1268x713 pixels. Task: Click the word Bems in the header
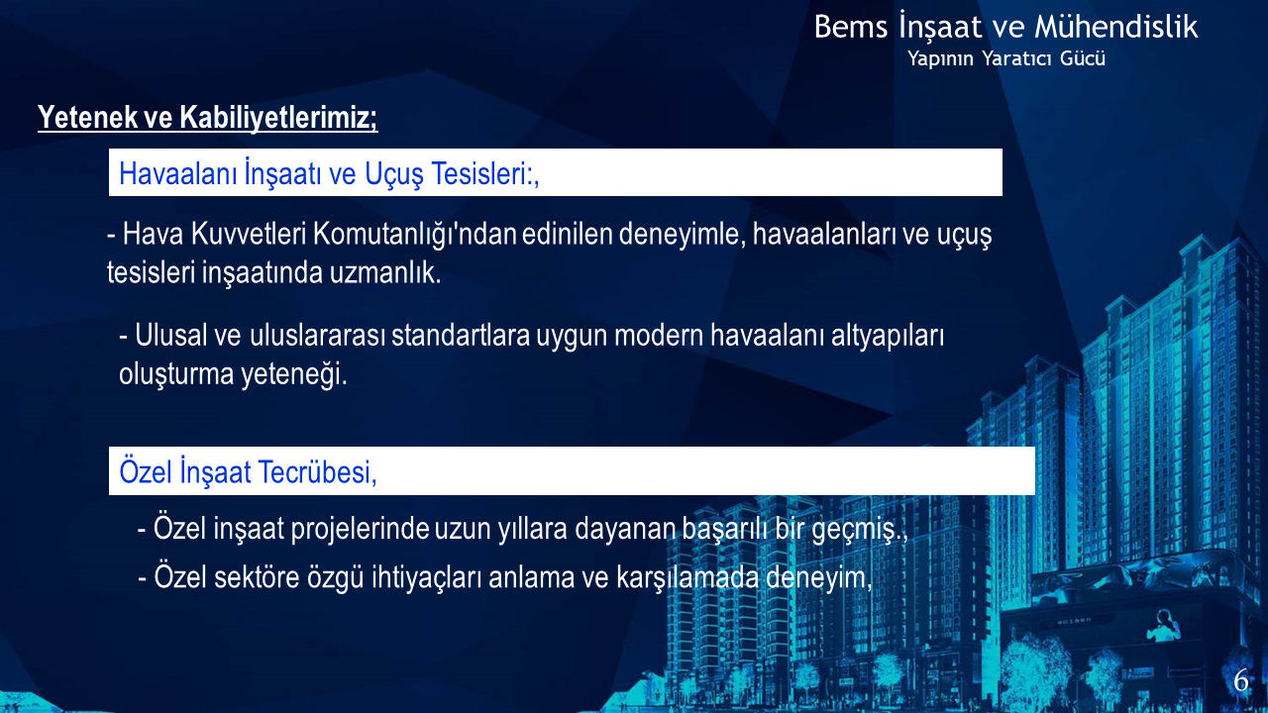coord(851,27)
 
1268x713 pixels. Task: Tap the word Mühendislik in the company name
coord(1116,26)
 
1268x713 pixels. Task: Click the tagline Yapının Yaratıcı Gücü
coord(1006,58)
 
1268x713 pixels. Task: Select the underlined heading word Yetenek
coord(88,117)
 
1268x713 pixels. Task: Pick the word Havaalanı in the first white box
coord(177,173)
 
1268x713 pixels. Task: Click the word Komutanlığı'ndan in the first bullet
coord(414,235)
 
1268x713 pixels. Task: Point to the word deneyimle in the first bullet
coord(679,235)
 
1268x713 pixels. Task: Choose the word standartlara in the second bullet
coord(461,336)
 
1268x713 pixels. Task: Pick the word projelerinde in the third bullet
coord(360,530)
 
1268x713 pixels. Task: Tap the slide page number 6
coord(1241,680)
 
